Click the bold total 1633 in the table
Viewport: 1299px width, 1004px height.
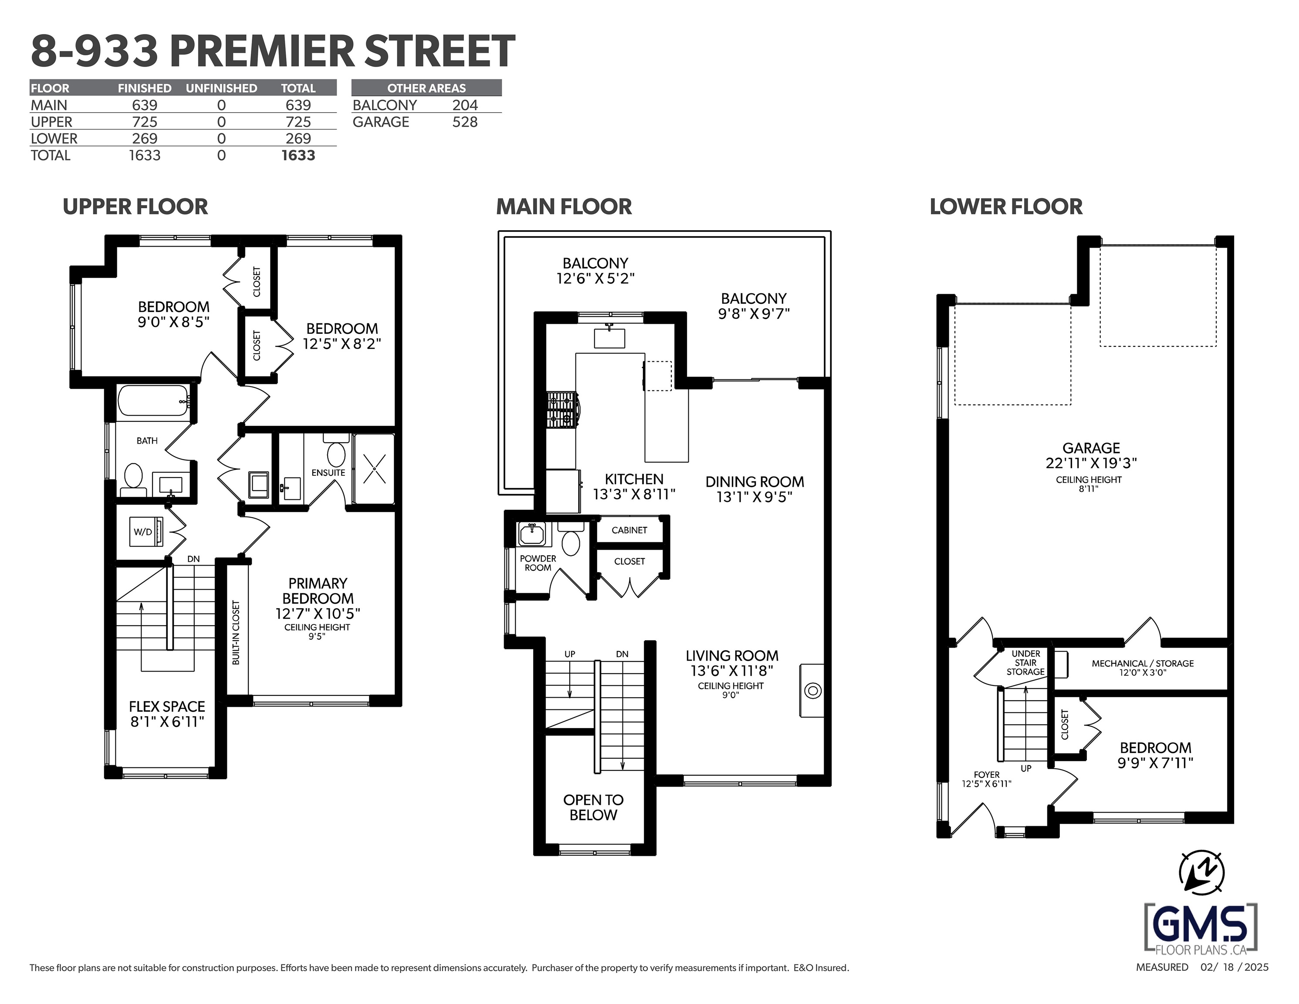pyautogui.click(x=298, y=155)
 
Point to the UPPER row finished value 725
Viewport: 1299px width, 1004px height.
pyautogui.click(x=145, y=122)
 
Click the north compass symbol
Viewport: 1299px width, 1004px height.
pyautogui.click(x=1201, y=873)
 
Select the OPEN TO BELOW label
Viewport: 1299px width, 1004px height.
pyautogui.click(x=594, y=807)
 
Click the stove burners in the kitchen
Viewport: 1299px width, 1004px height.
pyautogui.click(x=562, y=410)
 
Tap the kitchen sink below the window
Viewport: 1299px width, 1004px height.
pyautogui.click(x=610, y=337)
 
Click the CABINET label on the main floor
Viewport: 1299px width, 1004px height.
pyautogui.click(x=629, y=530)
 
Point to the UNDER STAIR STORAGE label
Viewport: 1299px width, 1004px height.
pyautogui.click(x=1025, y=662)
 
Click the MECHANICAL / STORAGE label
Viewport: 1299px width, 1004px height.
pyautogui.click(x=1143, y=664)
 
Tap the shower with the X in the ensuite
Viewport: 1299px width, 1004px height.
pyautogui.click(x=374, y=469)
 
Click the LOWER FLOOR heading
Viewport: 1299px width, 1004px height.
pyautogui.click(x=1006, y=207)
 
